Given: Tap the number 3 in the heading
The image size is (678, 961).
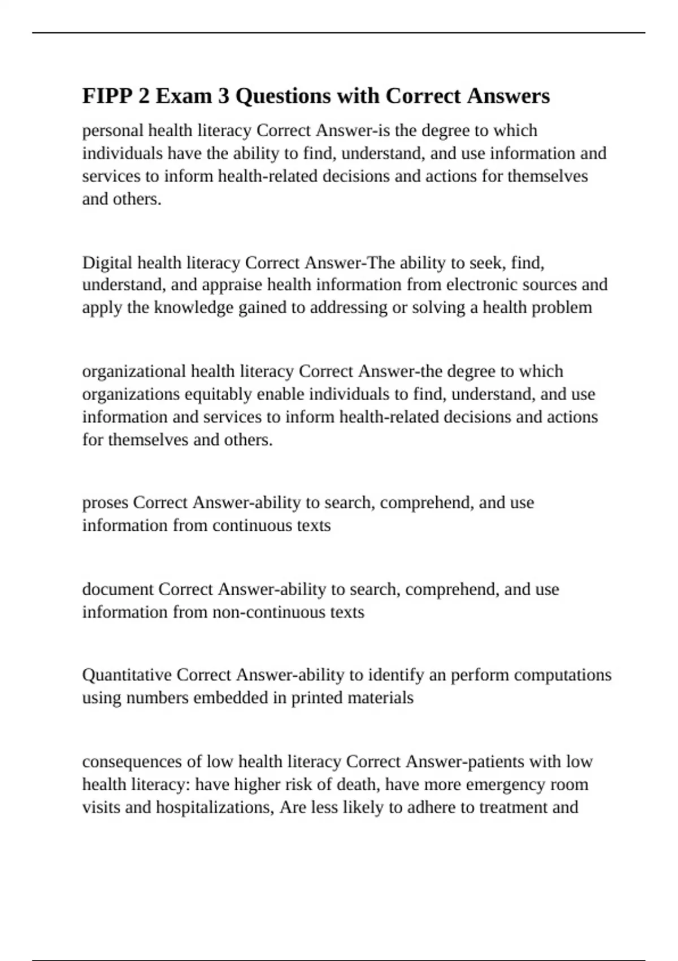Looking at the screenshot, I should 223,96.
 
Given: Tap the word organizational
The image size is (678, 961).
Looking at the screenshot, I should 134,371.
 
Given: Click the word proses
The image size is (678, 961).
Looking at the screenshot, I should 105,503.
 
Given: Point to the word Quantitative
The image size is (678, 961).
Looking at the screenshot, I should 127,675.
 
